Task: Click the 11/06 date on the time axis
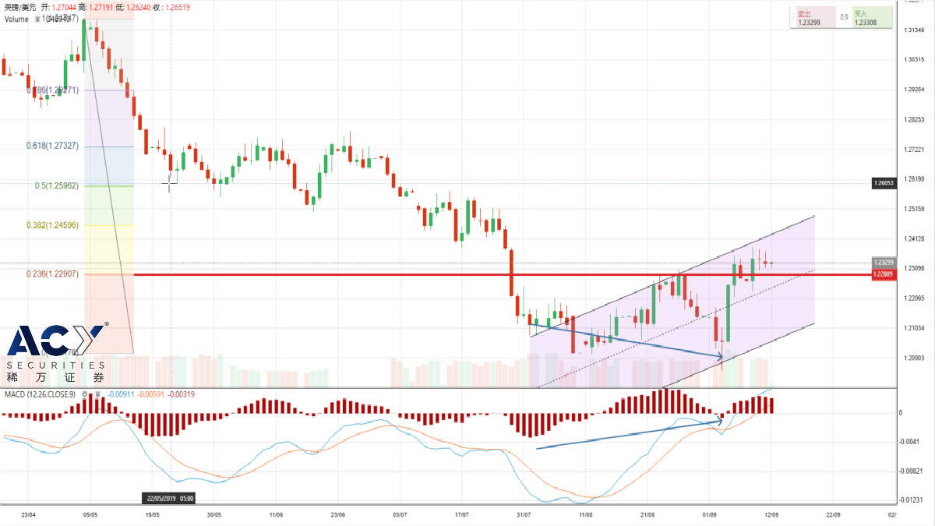(x=276, y=515)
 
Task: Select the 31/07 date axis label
(x=524, y=515)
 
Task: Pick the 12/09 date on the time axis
(x=771, y=515)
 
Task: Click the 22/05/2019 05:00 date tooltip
(x=170, y=498)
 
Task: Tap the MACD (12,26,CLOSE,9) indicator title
(x=40, y=394)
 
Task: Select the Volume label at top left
(x=17, y=19)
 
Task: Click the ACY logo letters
(x=55, y=342)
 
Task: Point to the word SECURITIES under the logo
(x=55, y=365)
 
